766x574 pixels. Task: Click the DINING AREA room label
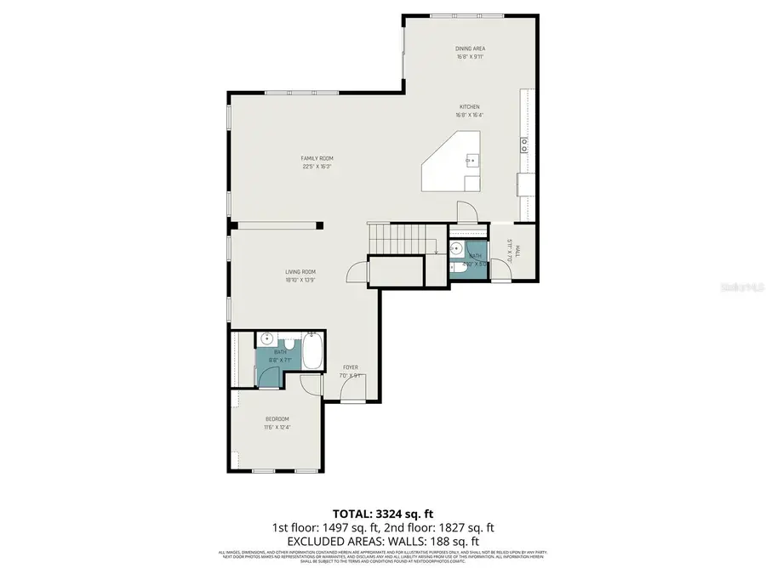(469, 49)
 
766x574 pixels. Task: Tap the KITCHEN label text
(469, 106)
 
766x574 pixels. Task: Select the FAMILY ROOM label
(316, 158)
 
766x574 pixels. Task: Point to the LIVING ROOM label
(300, 271)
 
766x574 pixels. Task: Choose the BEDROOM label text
(277, 418)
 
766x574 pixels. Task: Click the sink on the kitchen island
(470, 159)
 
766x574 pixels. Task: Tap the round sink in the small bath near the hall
(456, 249)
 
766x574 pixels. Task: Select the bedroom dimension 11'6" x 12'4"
(277, 428)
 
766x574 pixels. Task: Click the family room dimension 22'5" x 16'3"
(316, 167)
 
